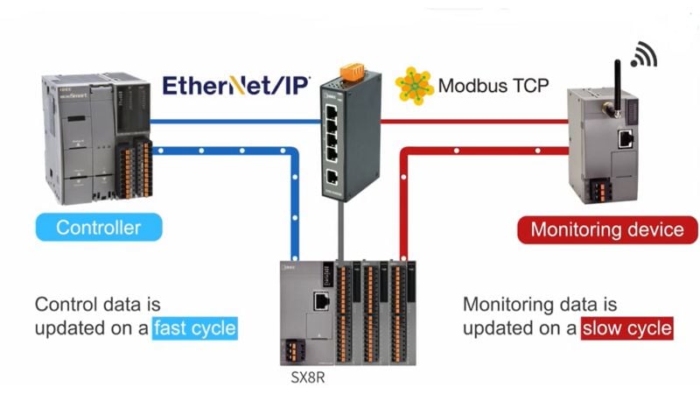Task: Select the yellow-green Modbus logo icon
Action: click(x=414, y=86)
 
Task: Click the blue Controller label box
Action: click(x=98, y=228)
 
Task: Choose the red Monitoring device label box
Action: click(x=607, y=229)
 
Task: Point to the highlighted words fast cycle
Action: click(x=195, y=328)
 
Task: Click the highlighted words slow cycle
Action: click(x=627, y=328)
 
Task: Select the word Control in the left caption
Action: click(x=64, y=305)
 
